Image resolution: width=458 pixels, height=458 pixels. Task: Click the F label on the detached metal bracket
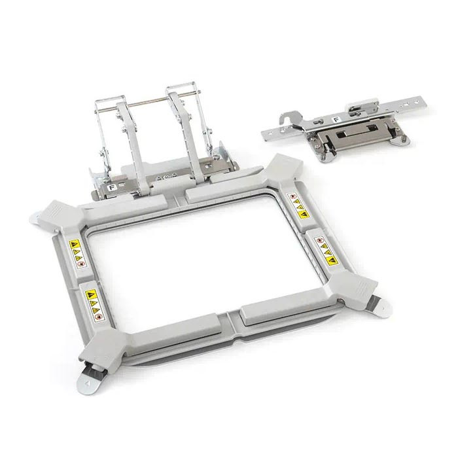point(336,120)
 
